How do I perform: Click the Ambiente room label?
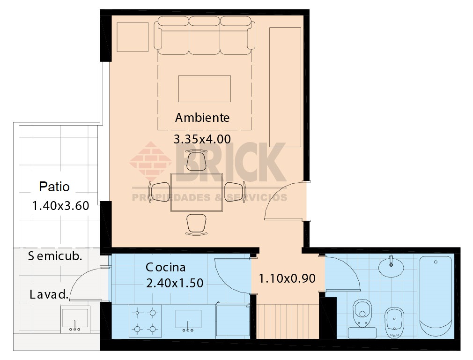pos(202,117)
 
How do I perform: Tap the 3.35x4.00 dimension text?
pos(202,139)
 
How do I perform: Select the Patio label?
pos(54,187)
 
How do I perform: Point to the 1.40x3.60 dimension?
pos(60,206)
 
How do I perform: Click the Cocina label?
pos(165,267)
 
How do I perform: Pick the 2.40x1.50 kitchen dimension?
pos(175,283)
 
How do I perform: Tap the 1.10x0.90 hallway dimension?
pos(287,278)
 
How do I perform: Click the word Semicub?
pos(55,256)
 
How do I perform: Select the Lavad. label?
pos(49,295)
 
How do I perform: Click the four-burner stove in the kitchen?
pos(145,321)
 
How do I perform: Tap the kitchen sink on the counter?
pos(188,320)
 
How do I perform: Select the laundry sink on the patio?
pos(75,319)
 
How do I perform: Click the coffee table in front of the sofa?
pos(204,89)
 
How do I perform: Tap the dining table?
pos(196,192)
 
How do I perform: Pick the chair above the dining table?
pos(197,160)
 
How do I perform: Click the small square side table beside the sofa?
pos(133,37)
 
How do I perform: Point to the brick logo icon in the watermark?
pos(151,162)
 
